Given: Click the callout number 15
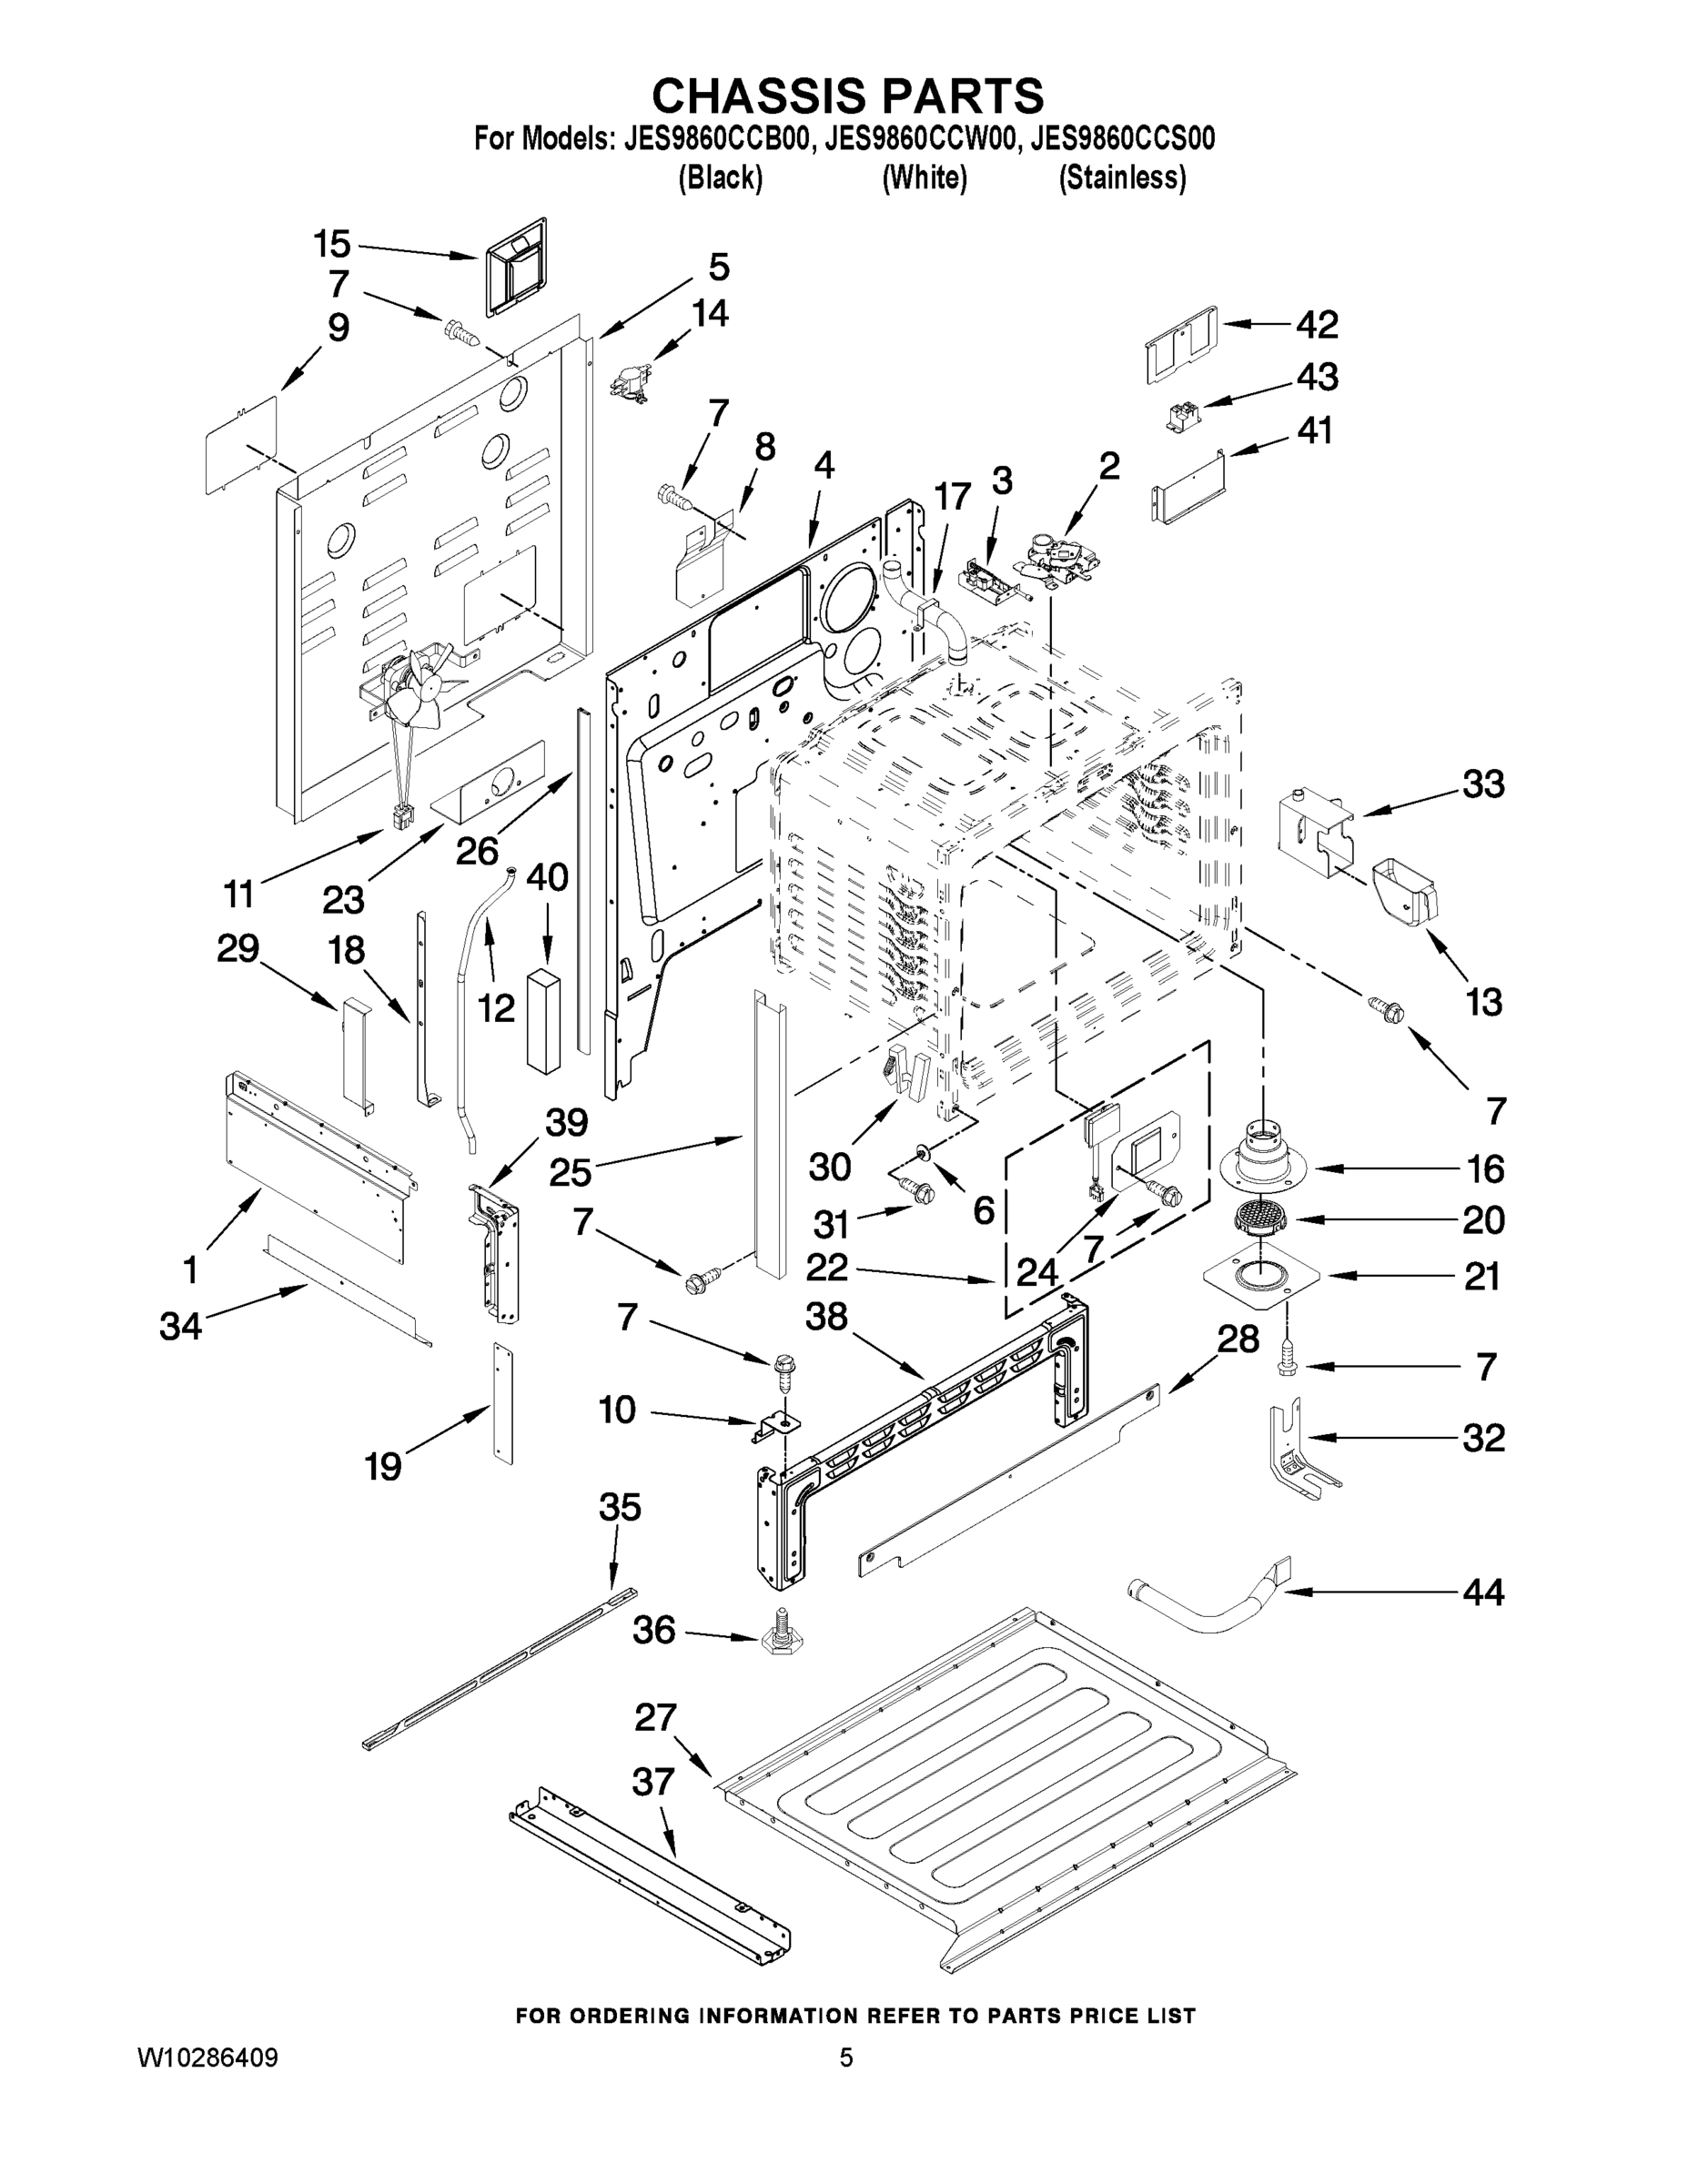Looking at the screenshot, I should coord(332,244).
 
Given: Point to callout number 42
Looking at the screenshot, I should coord(1317,325).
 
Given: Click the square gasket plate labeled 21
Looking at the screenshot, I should coord(1262,1276).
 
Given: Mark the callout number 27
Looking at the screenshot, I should coord(657,1718).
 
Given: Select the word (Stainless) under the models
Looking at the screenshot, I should coord(1122,178).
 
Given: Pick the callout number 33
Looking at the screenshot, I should coord(1483,785).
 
